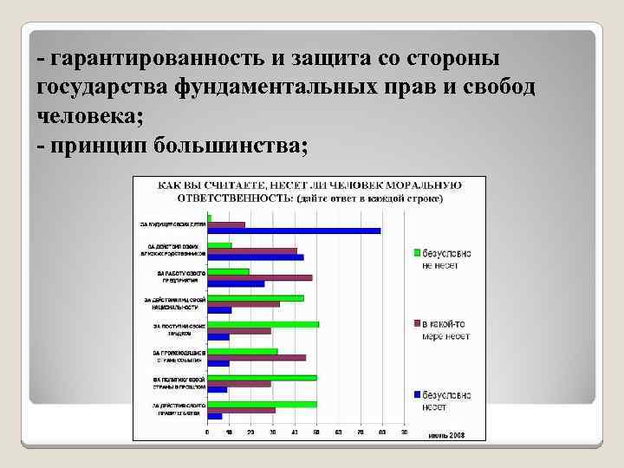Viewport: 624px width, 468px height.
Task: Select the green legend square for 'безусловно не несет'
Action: click(417, 252)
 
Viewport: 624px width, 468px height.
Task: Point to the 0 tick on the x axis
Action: click(206, 432)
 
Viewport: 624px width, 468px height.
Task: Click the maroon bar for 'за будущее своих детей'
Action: click(225, 224)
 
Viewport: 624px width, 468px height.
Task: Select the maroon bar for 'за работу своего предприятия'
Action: click(259, 277)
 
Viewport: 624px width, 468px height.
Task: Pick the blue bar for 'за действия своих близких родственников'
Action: click(255, 257)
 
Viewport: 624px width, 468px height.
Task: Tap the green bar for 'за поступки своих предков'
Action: click(263, 324)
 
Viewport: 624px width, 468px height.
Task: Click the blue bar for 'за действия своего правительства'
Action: click(214, 416)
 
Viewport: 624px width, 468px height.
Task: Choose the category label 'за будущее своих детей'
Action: click(173, 224)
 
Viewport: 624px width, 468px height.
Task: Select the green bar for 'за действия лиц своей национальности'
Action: click(255, 298)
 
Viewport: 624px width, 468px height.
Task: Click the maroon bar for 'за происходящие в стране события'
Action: click(256, 357)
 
